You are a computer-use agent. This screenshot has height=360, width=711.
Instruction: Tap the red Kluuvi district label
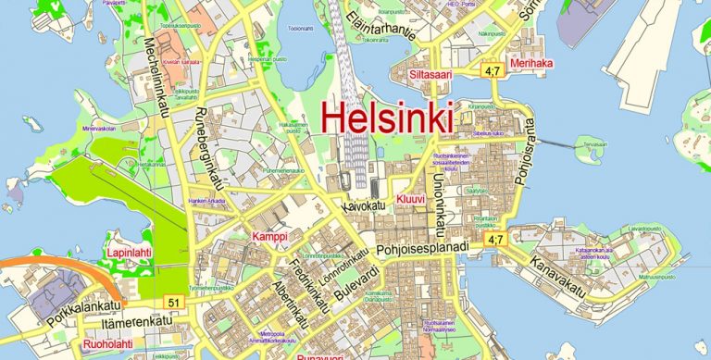pyautogui.click(x=410, y=199)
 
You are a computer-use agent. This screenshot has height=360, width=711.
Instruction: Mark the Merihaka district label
pyautogui.click(x=532, y=64)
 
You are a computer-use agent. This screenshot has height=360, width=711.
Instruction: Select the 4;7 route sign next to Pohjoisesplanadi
pyautogui.click(x=495, y=240)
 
